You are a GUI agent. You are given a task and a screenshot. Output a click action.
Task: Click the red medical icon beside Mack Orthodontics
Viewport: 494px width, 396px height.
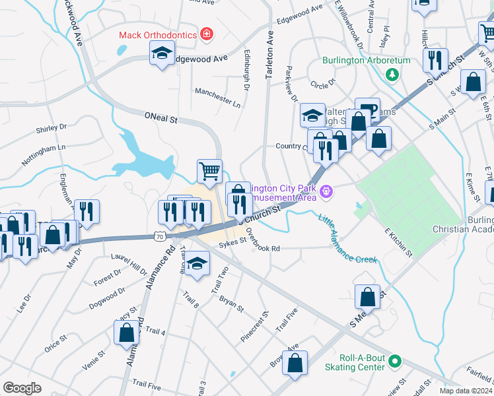tap(207, 34)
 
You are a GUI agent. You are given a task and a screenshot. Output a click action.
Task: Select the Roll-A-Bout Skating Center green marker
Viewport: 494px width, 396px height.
tap(395, 361)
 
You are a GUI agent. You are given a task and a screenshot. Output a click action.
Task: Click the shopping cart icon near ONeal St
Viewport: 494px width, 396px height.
tap(209, 171)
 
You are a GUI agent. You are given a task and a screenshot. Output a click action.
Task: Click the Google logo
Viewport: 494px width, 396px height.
tap(22, 387)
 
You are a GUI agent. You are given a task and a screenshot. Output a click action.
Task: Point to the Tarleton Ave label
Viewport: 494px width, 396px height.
tap(269, 60)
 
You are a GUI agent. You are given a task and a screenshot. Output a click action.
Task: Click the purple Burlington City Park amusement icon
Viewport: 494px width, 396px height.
tap(325, 192)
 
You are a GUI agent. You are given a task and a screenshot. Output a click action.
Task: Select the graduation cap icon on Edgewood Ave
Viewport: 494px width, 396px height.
tap(161, 54)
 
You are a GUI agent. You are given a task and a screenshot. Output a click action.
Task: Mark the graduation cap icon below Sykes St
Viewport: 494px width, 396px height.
tap(195, 264)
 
